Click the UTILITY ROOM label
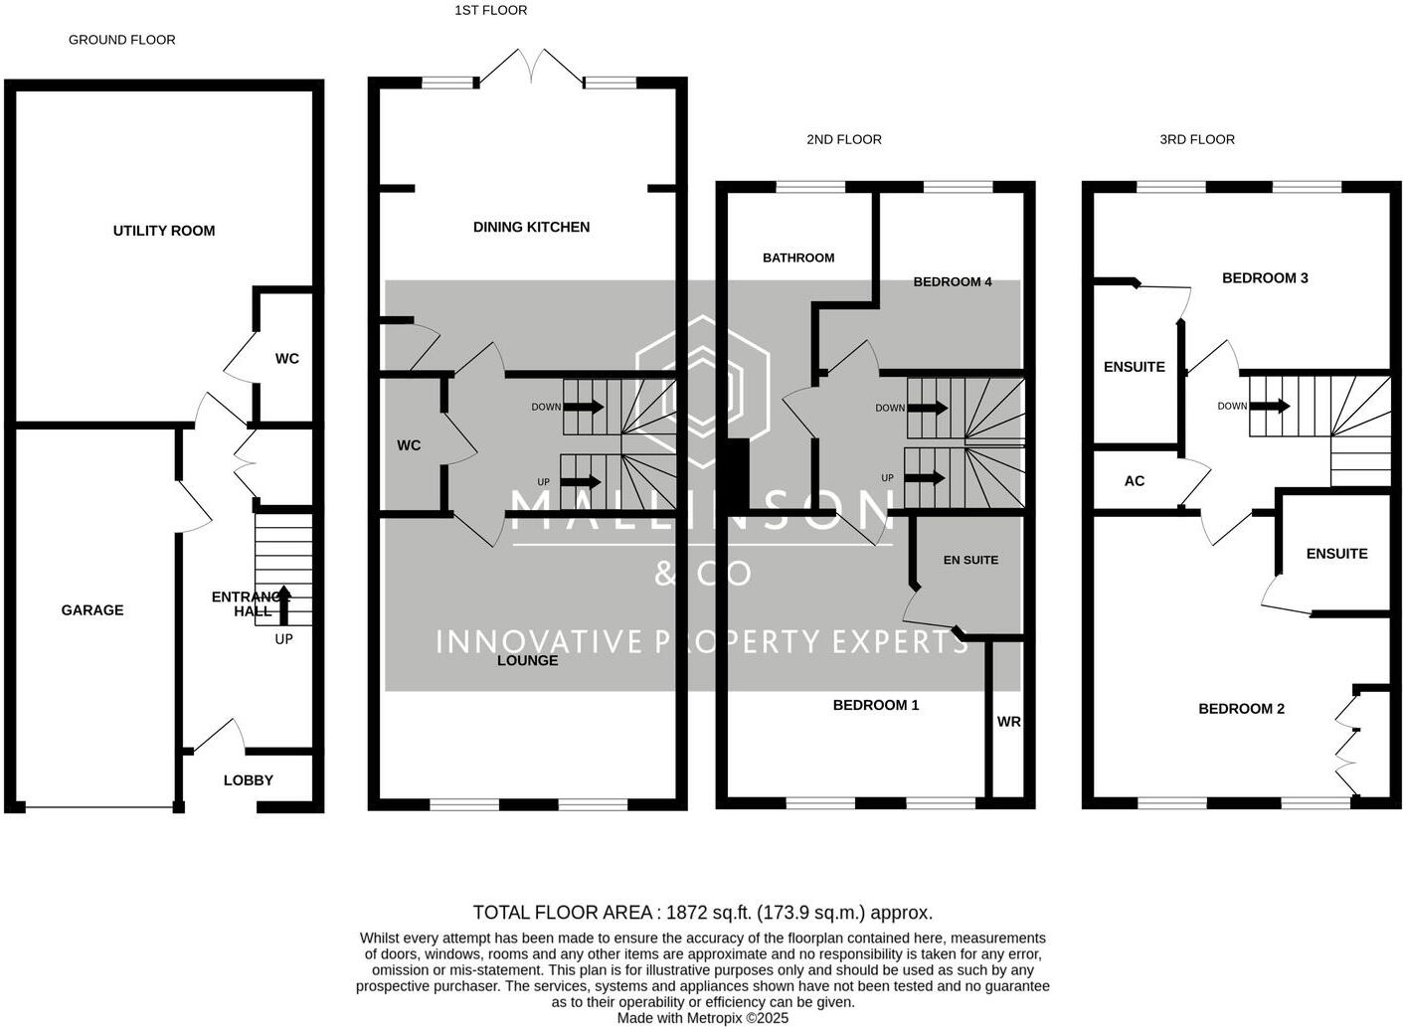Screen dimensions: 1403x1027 point(164,231)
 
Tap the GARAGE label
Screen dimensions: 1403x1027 point(92,610)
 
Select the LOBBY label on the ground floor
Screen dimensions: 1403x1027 point(248,780)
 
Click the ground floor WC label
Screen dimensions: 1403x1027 point(286,358)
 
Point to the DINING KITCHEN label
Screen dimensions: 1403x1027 point(531,227)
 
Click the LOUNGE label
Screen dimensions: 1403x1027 point(527,661)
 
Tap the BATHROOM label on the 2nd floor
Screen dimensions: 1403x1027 point(798,257)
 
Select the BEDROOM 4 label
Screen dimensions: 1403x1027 point(952,281)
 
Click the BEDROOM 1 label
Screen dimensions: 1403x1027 point(876,705)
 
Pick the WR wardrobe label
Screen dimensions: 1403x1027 point(1008,722)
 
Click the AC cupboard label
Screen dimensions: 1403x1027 point(1135,481)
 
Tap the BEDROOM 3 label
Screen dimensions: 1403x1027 point(1265,278)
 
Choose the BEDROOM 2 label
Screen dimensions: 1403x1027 point(1241,709)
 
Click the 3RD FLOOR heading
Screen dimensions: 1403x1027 point(1197,139)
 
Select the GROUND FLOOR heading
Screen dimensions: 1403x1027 point(121,40)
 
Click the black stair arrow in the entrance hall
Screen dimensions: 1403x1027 point(283,605)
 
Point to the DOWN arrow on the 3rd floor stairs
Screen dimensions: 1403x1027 point(1270,406)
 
